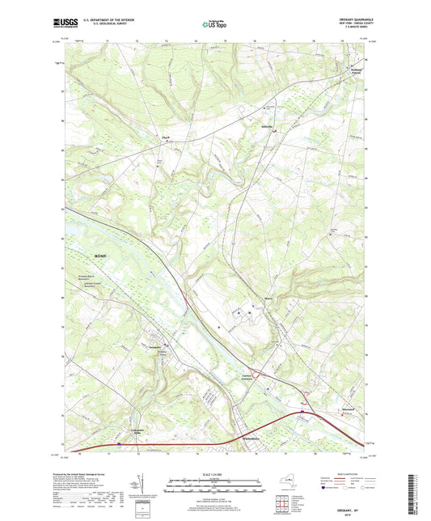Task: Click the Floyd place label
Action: click(165, 138)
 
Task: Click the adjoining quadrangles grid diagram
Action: click(284, 506)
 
